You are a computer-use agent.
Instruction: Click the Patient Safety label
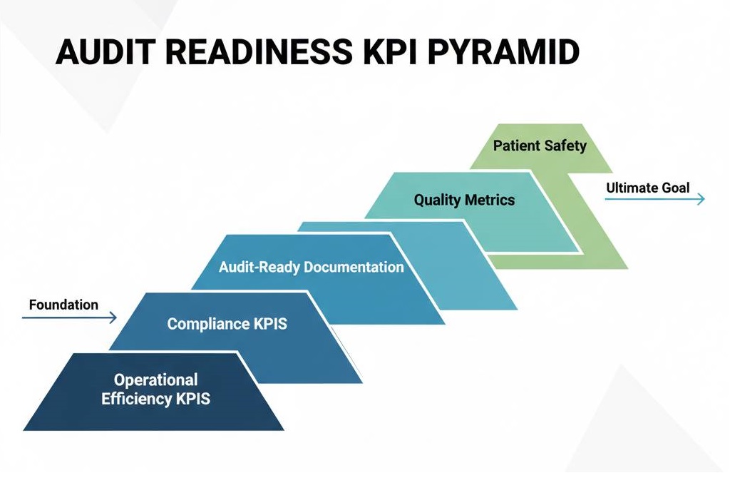point(540,146)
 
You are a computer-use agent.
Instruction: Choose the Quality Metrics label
point(464,200)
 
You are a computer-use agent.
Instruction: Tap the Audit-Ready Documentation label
point(312,268)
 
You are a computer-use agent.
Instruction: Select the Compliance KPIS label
point(227,324)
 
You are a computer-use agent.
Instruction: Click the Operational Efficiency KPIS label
point(156,390)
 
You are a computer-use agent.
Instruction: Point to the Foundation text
point(63,305)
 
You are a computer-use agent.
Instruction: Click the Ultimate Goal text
point(647,188)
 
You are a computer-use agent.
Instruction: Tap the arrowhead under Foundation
point(113,317)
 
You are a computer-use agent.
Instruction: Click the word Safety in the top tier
point(564,146)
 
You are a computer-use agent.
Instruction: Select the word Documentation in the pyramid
point(354,268)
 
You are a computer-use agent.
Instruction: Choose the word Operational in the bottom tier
point(156,380)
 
